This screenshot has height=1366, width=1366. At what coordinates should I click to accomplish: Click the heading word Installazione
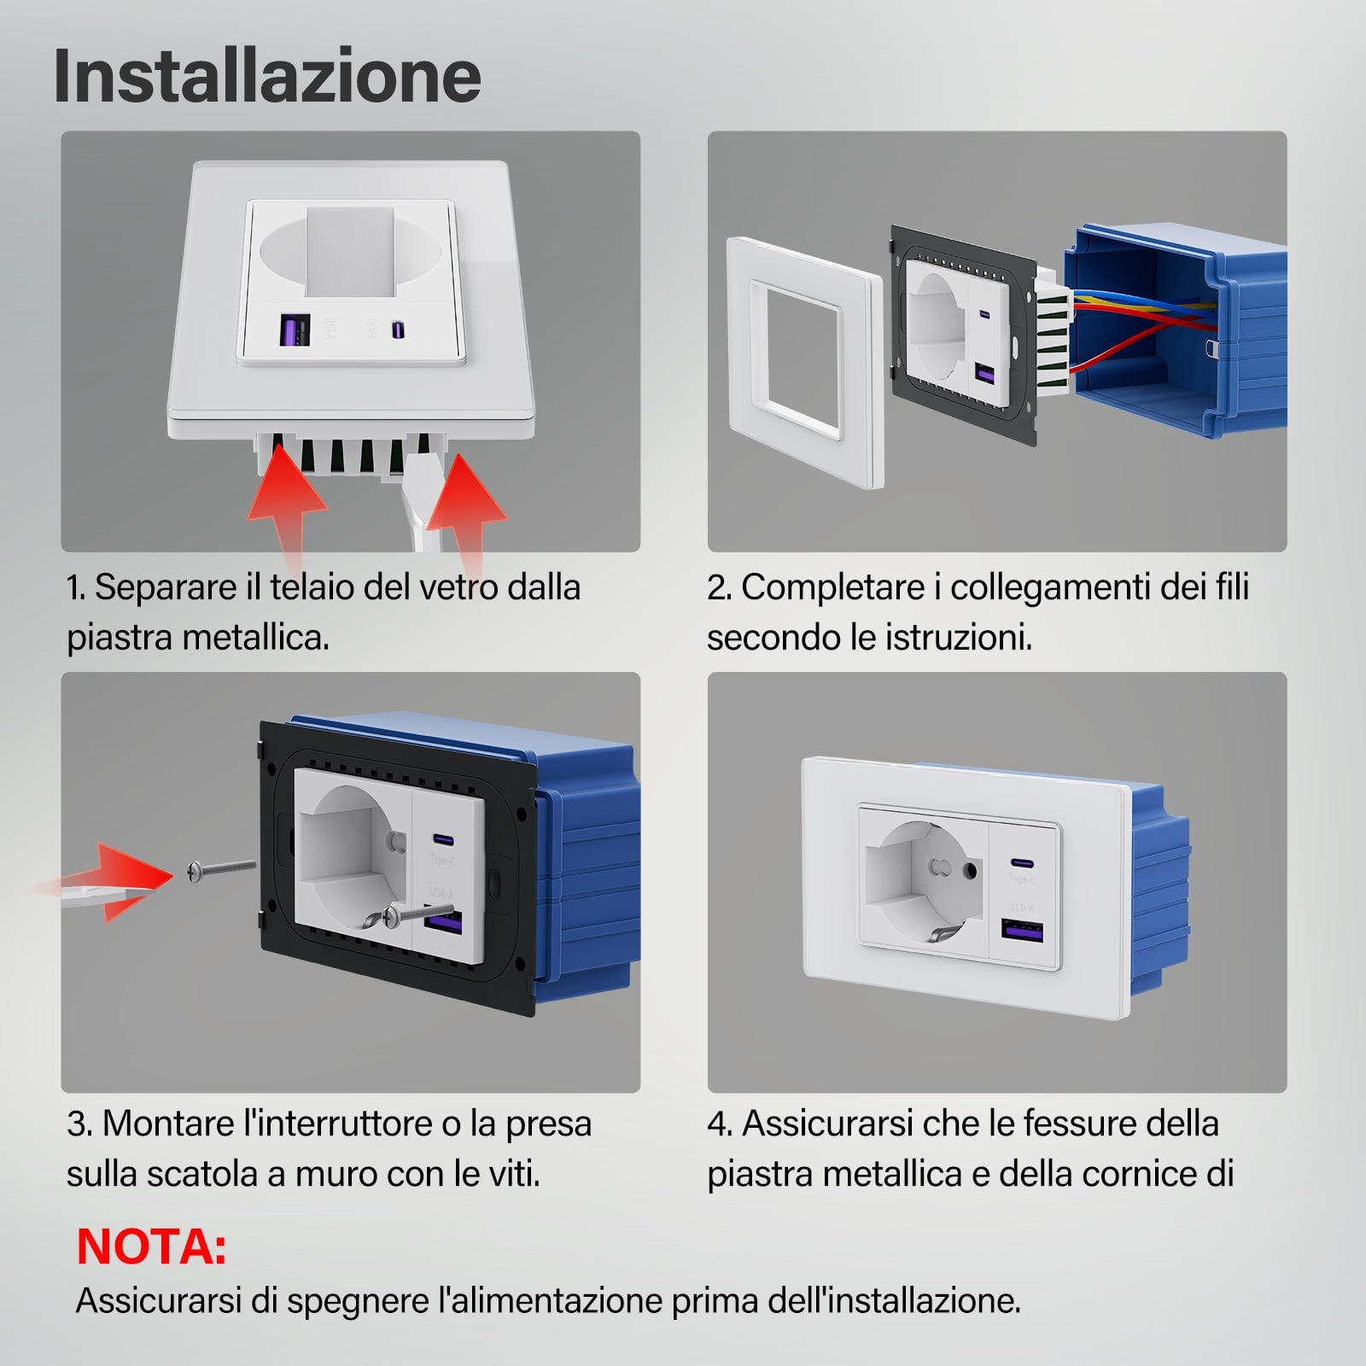coord(267,77)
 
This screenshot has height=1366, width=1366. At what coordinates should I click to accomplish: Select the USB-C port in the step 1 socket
coord(398,329)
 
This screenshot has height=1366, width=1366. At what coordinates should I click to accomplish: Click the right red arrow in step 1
coord(467,512)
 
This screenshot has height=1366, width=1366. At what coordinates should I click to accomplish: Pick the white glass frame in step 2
coord(803,362)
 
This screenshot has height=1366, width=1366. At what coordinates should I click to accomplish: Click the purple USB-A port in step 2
coord(984,373)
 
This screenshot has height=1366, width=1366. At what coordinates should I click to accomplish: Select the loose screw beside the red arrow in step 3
coord(220,870)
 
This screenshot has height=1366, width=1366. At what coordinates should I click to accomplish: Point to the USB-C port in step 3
coord(442,838)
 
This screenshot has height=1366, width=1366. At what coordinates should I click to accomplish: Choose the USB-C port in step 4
coord(1020,863)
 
